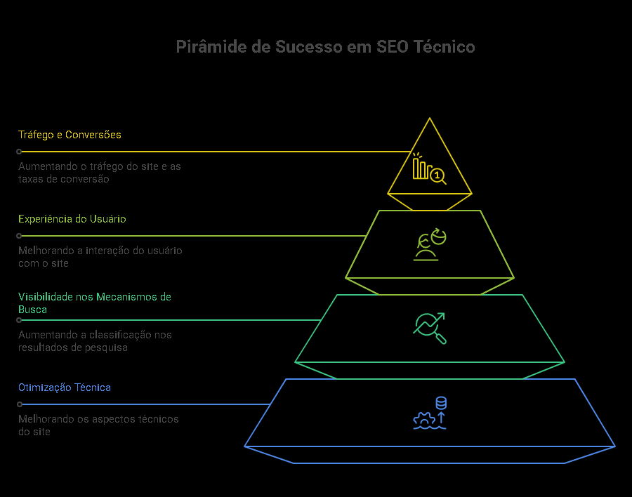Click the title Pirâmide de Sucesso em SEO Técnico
pos(325,47)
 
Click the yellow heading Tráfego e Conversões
pos(70,135)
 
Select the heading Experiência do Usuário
pos(72,219)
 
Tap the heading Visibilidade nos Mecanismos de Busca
pos(95,303)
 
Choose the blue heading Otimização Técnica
pos(65,387)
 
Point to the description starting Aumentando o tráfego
pos(99,173)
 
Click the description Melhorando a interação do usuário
pos(100,257)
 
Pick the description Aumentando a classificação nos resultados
pos(95,341)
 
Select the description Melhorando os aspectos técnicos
pos(98,425)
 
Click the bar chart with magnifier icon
pos(429,168)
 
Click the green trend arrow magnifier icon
pos(430,328)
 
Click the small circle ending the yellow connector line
pos(20,152)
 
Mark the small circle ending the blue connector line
pos(20,404)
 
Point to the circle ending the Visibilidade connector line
pos(20,320)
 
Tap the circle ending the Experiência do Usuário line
pos(20,236)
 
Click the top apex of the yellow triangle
pos(429,119)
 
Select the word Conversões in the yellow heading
pos(93,135)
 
